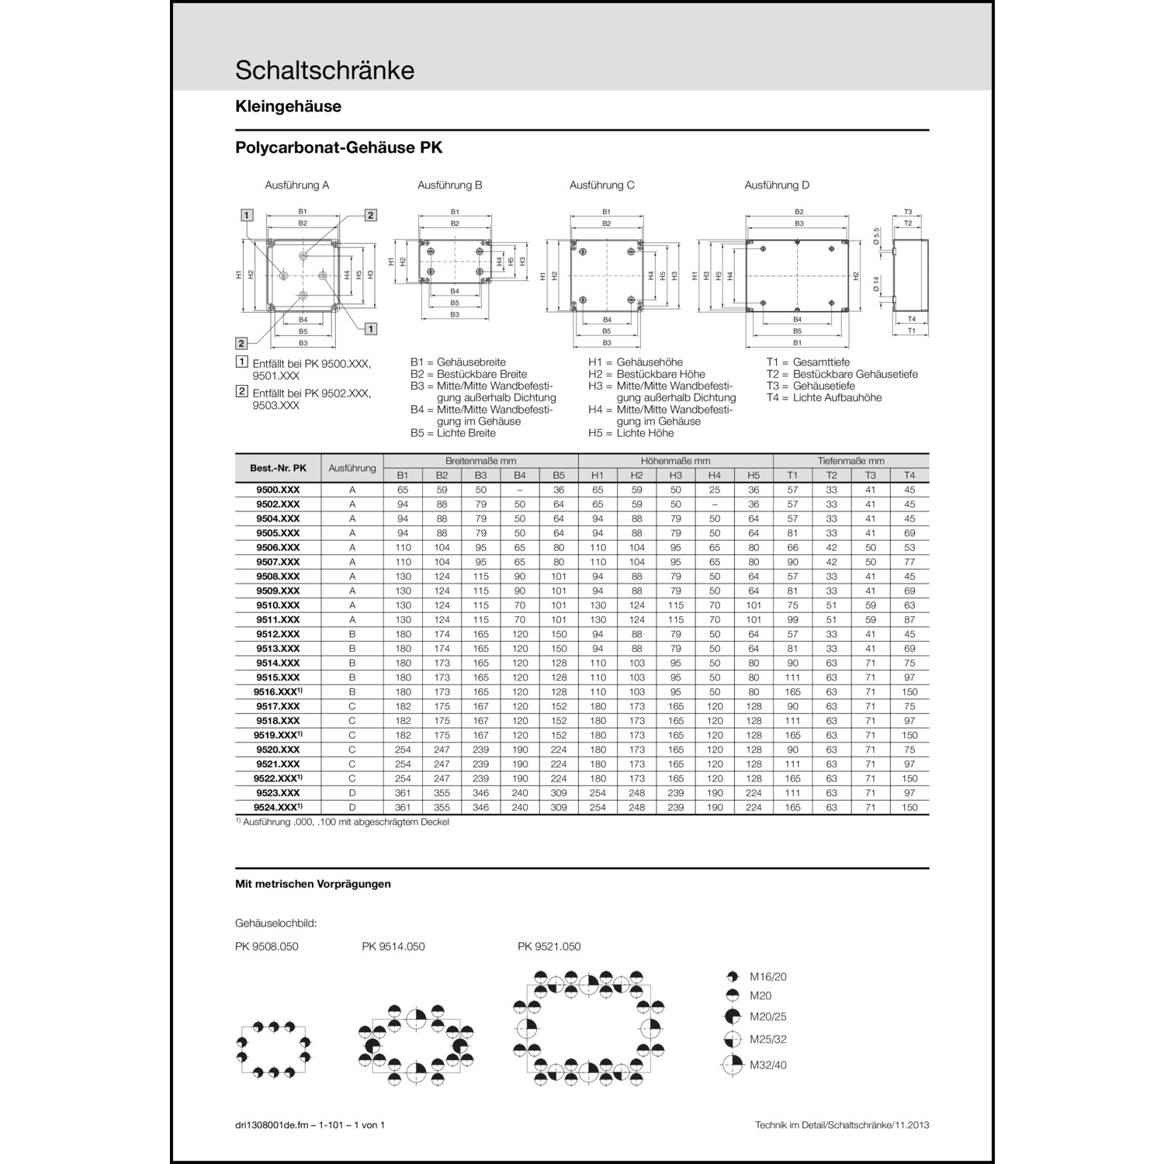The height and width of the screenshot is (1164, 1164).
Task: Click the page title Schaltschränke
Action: pos(324,71)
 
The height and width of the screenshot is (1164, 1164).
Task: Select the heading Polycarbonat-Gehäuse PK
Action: pos(338,147)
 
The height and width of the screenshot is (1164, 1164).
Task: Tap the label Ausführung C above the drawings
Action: pos(601,185)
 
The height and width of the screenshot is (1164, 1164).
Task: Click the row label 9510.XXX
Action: pos(278,605)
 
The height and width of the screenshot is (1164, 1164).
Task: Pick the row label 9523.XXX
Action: pos(278,793)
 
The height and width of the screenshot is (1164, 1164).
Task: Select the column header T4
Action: pos(909,475)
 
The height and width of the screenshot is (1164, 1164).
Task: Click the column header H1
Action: pos(598,475)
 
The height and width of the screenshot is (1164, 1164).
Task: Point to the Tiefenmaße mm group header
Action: pos(850,461)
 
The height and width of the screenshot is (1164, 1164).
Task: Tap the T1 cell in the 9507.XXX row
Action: pos(792,562)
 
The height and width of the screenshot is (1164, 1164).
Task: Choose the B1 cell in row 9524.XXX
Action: pos(403,808)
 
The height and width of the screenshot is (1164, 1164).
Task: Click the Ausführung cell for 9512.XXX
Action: pos(352,634)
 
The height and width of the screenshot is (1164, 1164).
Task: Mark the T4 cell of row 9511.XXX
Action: pos(909,620)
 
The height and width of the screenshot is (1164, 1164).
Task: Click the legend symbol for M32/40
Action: pos(732,1065)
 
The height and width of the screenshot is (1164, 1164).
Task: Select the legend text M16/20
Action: pos(767,977)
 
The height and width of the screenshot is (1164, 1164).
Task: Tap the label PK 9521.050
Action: pos(549,947)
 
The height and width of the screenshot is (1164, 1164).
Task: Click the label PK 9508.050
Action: pos(266,947)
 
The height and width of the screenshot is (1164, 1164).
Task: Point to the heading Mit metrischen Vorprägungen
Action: pos(313,884)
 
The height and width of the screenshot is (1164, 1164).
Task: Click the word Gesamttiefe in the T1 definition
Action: pos(821,362)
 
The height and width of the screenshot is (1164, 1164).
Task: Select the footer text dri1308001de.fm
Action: pos(279,1125)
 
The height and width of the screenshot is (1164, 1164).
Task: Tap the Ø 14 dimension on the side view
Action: pos(876,284)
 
